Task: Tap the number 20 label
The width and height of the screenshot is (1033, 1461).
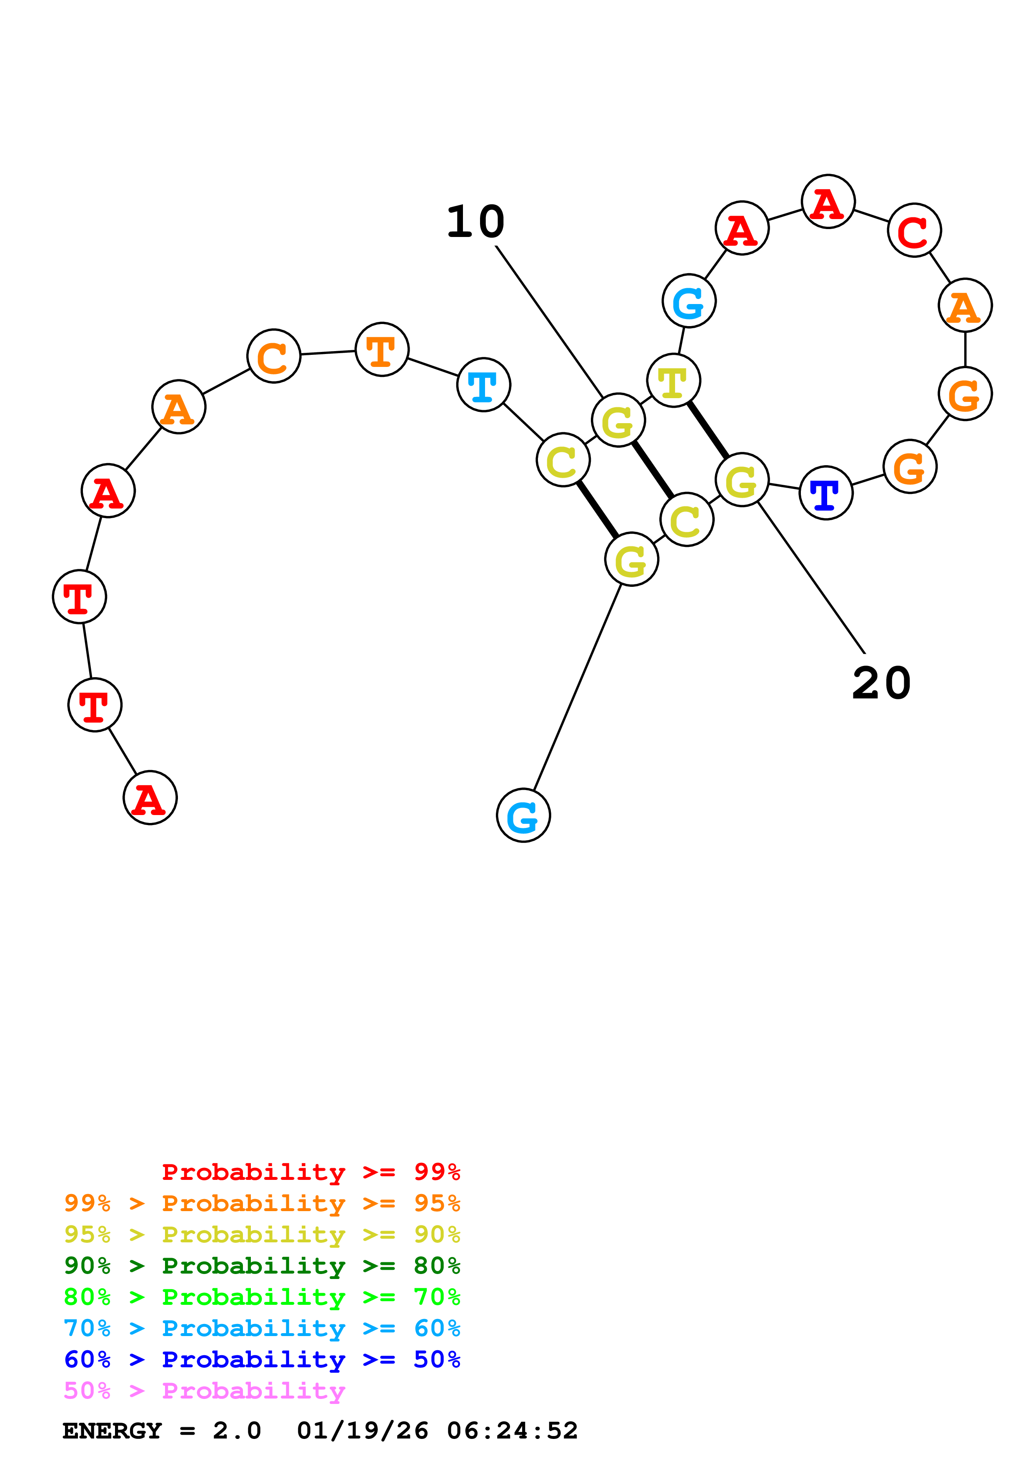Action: point(881,683)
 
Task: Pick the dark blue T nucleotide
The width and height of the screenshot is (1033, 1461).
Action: point(825,493)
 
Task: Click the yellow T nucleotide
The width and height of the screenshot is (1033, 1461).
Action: point(673,381)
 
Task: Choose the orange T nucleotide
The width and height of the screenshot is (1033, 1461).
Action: point(382,349)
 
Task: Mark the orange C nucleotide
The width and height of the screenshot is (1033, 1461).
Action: point(274,357)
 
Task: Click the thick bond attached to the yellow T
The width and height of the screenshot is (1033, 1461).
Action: point(708,429)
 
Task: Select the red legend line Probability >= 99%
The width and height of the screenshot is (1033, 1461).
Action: point(310,1172)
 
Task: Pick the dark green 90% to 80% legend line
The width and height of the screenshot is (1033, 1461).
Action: point(262,1266)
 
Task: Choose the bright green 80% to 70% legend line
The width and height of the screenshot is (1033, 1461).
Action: point(262,1297)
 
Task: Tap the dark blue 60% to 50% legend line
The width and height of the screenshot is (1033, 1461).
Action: point(262,1359)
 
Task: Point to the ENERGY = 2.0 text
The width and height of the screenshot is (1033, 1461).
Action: point(162,1431)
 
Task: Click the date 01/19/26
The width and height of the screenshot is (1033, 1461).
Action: point(363,1431)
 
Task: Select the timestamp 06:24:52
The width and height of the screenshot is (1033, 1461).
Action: point(513,1431)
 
